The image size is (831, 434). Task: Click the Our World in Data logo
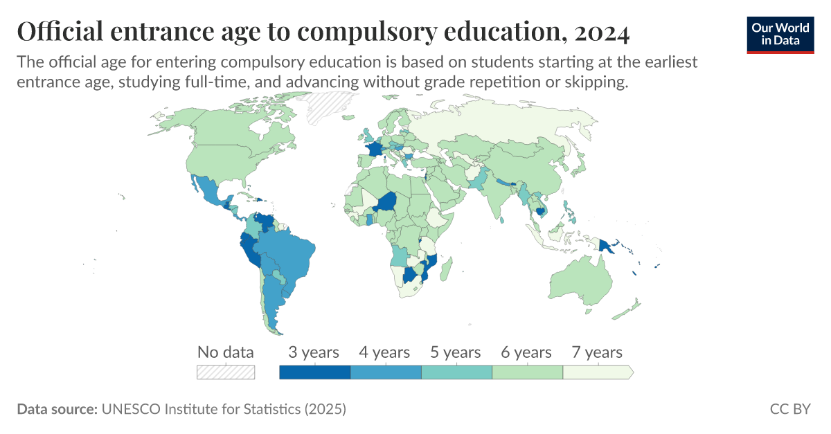click(780, 34)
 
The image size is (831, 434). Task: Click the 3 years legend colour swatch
click(314, 372)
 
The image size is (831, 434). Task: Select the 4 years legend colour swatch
click(386, 372)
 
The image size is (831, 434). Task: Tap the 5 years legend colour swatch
click(456, 372)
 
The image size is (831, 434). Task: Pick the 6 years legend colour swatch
click(527, 372)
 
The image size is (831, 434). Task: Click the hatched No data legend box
click(226, 372)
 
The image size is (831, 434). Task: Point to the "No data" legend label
click(226, 352)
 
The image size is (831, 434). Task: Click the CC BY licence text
click(790, 409)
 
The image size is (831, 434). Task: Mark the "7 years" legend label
click(597, 352)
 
